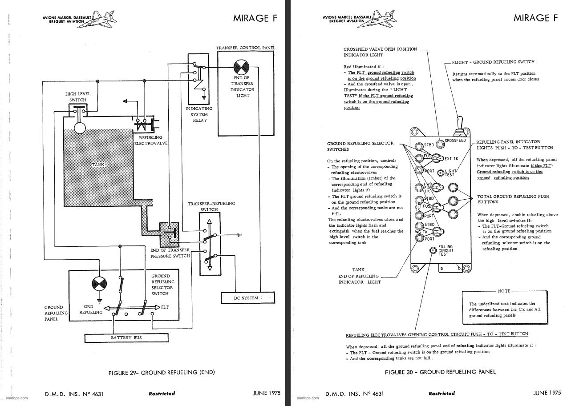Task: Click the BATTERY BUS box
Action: click(126, 338)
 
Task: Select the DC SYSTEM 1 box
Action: click(248, 298)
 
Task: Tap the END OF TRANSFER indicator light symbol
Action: click(241, 68)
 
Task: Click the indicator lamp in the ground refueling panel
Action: click(100, 284)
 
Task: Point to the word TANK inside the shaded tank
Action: click(98, 165)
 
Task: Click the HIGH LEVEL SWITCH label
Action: click(78, 97)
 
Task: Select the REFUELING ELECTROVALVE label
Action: click(151, 141)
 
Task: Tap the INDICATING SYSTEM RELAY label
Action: click(199, 114)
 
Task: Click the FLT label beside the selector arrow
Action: click(165, 307)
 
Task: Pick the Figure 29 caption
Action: click(162, 372)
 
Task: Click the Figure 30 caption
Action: click(441, 372)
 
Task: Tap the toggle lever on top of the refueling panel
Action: click(459, 125)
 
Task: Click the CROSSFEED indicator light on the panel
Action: click(441, 144)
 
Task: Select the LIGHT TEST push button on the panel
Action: click(441, 173)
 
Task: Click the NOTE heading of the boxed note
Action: click(504, 291)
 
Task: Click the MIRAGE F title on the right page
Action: click(535, 18)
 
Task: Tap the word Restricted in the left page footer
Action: click(162, 394)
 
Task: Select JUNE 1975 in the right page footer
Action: click(547, 393)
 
